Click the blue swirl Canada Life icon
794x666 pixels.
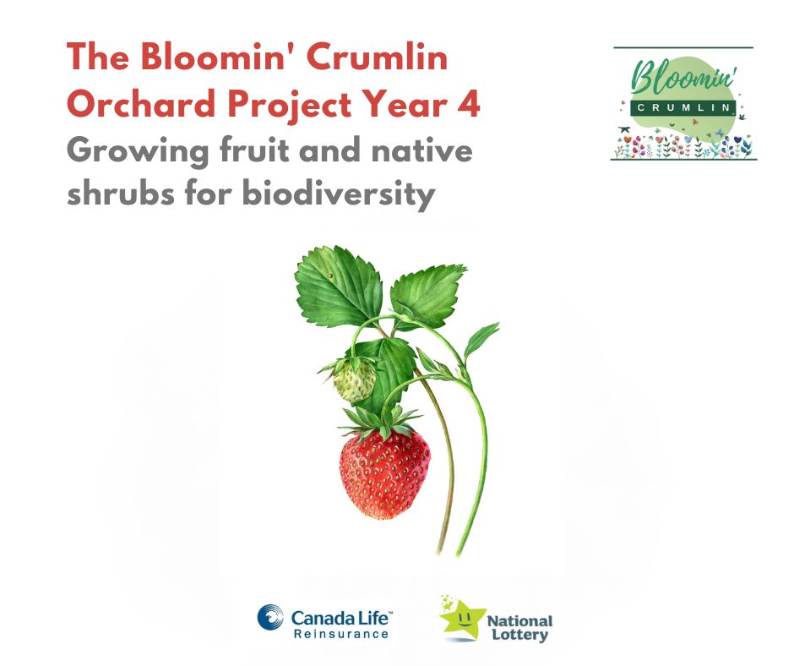point(271,618)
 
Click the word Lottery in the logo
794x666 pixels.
point(519,635)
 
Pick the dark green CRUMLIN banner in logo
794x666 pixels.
point(683,107)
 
